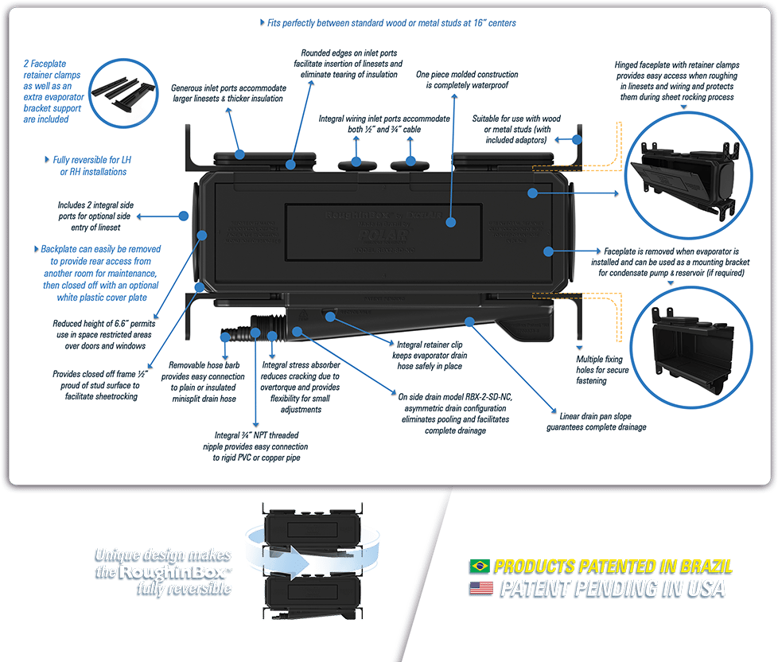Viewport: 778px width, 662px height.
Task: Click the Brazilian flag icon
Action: (479, 567)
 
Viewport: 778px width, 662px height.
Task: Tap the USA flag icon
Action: (479, 589)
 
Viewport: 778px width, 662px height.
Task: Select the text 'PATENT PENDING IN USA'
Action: (612, 589)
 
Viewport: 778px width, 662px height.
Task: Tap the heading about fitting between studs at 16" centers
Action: (388, 23)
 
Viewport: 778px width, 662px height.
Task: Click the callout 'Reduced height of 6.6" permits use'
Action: (100, 335)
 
